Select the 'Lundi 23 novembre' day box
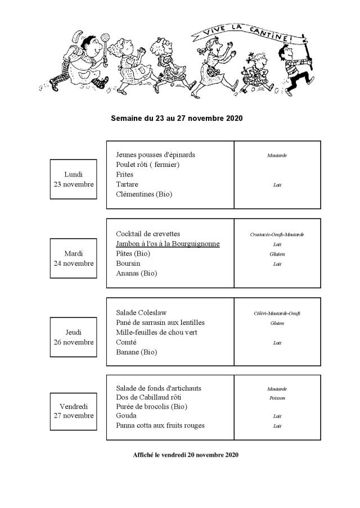(x=72, y=179)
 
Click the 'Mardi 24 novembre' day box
(x=72, y=258)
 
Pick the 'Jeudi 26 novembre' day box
(x=72, y=337)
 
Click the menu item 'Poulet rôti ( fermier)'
(x=148, y=165)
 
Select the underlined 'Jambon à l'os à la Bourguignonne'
(x=168, y=244)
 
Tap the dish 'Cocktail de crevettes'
(x=148, y=234)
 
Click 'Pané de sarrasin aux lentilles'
(x=160, y=323)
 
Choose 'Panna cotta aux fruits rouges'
(x=160, y=425)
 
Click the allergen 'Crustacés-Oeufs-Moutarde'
(x=277, y=234)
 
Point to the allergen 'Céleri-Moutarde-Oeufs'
(x=277, y=313)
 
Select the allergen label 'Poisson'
(x=277, y=398)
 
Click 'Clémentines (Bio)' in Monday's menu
(x=144, y=194)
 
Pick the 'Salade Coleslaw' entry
(x=141, y=312)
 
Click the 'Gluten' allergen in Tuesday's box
(x=277, y=254)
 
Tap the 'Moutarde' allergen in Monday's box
(x=277, y=155)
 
